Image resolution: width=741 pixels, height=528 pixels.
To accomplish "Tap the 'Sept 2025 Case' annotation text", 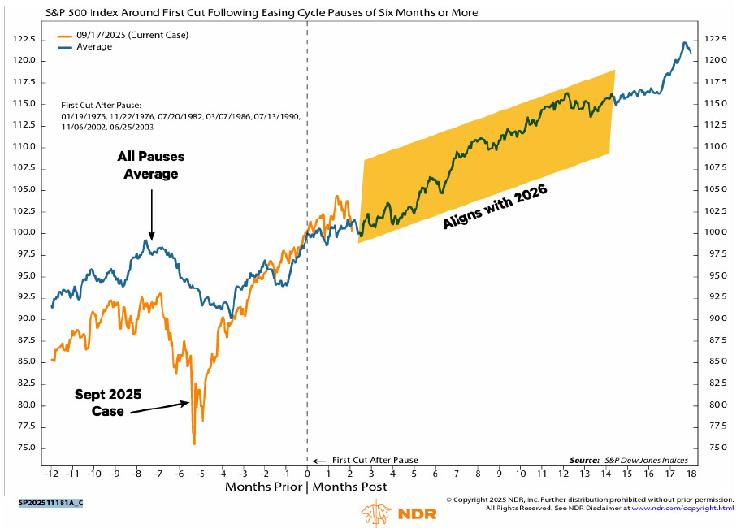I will [x=108, y=402].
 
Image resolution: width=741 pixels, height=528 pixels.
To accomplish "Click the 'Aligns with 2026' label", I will [x=496, y=206].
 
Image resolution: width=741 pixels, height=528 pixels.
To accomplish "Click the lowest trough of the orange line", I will [x=194, y=444].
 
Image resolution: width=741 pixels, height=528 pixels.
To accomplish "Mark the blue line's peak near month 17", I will [x=684, y=43].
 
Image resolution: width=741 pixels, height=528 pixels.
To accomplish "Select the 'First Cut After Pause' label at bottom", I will [x=375, y=461].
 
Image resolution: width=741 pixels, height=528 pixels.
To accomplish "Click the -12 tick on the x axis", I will [x=52, y=473].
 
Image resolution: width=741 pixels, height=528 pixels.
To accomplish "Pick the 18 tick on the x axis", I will [x=691, y=473].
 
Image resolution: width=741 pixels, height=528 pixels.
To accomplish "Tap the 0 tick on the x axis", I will [x=307, y=473].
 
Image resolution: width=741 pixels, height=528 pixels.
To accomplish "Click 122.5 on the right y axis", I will [x=714, y=39].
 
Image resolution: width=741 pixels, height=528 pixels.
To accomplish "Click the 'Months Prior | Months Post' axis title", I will [x=305, y=487].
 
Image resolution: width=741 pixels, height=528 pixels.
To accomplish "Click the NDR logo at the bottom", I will [x=389, y=513].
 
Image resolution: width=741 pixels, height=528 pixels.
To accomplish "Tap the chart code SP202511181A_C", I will [x=50, y=503].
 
